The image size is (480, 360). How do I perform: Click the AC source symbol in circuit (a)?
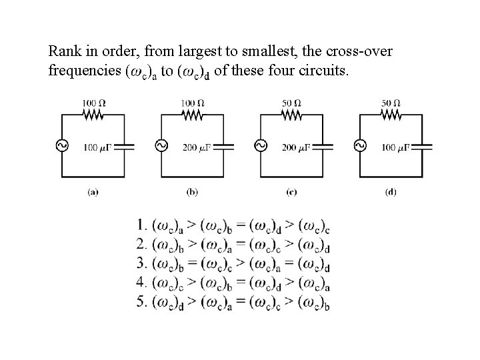pos(63,146)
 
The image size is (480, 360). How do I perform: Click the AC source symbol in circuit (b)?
pos(161,146)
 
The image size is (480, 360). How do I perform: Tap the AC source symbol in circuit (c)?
pos(259,146)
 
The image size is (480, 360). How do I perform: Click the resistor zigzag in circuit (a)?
pos(93,115)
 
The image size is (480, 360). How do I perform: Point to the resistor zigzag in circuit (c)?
pos(291,115)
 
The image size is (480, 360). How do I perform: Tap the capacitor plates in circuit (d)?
pos(423,146)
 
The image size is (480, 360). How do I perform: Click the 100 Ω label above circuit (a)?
pos(93,103)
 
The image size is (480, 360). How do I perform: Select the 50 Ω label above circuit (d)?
pos(391,103)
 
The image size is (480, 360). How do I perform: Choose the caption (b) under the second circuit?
pos(192,192)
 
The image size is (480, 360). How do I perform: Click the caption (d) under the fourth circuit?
pos(391,192)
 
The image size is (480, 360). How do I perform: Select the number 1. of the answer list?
pos(141,225)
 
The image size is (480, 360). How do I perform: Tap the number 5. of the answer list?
pos(141,301)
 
